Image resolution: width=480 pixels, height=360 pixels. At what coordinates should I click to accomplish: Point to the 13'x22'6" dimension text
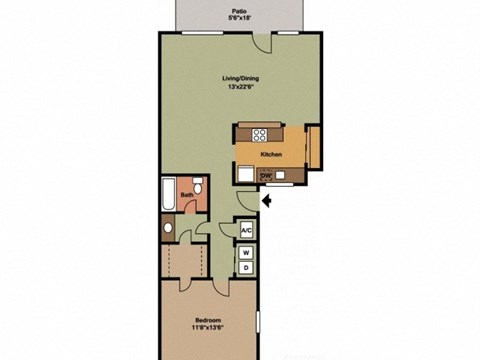[239, 87]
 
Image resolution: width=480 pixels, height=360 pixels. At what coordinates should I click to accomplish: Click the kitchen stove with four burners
[261, 133]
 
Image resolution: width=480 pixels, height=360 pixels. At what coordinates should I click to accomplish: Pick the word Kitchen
[271, 155]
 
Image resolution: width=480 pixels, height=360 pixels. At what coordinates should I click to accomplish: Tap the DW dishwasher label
[266, 176]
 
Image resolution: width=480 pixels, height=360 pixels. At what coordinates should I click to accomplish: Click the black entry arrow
[267, 203]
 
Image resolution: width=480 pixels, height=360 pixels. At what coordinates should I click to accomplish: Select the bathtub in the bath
[167, 195]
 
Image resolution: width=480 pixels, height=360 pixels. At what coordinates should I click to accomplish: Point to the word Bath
[186, 195]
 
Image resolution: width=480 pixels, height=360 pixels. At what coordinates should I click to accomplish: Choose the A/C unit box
[246, 231]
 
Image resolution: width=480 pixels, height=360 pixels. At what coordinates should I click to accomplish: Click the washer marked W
[246, 254]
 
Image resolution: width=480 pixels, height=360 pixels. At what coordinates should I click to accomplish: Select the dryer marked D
[246, 269]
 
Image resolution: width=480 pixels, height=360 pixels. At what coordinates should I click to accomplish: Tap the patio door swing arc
[261, 42]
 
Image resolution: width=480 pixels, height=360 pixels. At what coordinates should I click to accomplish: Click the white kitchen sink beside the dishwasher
[246, 172]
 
